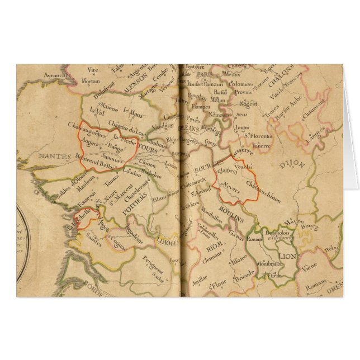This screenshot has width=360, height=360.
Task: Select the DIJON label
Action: click(291, 165)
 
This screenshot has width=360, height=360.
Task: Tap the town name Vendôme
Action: click(163, 126)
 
